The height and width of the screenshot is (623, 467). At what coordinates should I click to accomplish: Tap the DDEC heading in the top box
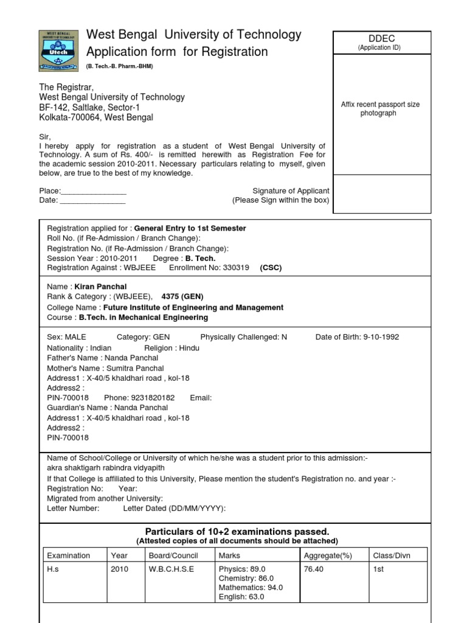click(379, 38)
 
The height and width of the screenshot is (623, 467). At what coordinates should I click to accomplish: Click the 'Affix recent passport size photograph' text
click(380, 109)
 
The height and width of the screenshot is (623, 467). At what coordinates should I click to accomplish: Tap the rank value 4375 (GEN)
click(182, 296)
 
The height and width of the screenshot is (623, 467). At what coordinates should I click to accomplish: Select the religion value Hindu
click(188, 348)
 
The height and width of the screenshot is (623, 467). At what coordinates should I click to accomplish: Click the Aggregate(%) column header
click(329, 555)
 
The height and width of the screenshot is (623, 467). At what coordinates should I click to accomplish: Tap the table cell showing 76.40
click(313, 569)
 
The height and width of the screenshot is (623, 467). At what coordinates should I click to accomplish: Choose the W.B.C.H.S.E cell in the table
click(171, 569)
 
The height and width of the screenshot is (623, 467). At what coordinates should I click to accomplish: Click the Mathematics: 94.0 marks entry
click(251, 588)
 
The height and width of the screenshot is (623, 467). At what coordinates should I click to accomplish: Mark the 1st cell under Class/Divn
click(378, 569)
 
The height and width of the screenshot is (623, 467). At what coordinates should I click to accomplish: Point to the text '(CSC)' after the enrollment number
click(271, 267)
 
